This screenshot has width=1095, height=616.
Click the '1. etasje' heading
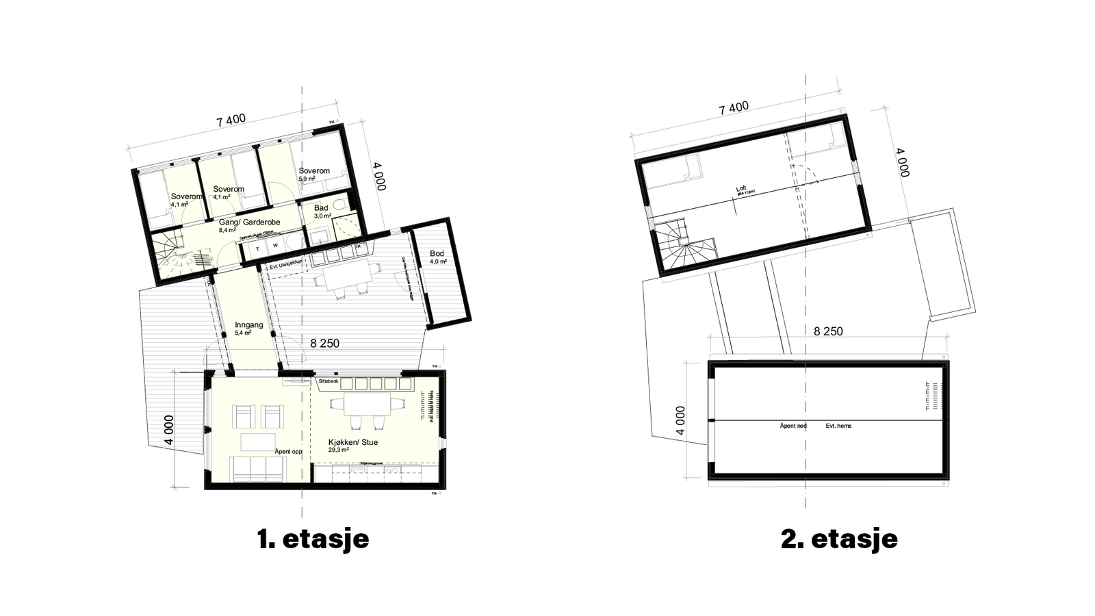(313, 539)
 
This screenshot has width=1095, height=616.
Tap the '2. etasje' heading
(839, 539)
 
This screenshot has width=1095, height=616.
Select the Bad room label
(321, 208)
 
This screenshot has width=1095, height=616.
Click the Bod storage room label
(437, 254)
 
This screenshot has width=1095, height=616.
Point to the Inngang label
(248, 325)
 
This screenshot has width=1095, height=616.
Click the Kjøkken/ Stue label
(353, 442)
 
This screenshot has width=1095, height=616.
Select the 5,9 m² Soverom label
(314, 171)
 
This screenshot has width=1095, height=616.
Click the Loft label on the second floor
(740, 190)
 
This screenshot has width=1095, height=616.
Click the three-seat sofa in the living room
(258, 469)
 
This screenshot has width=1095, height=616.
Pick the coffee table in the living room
(258, 442)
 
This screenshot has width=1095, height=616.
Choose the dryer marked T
(257, 248)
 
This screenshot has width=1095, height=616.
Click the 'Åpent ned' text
(793, 426)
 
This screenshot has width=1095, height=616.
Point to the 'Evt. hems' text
(838, 426)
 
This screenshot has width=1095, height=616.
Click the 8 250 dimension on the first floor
(324, 344)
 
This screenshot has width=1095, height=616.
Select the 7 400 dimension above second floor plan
(734, 108)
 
